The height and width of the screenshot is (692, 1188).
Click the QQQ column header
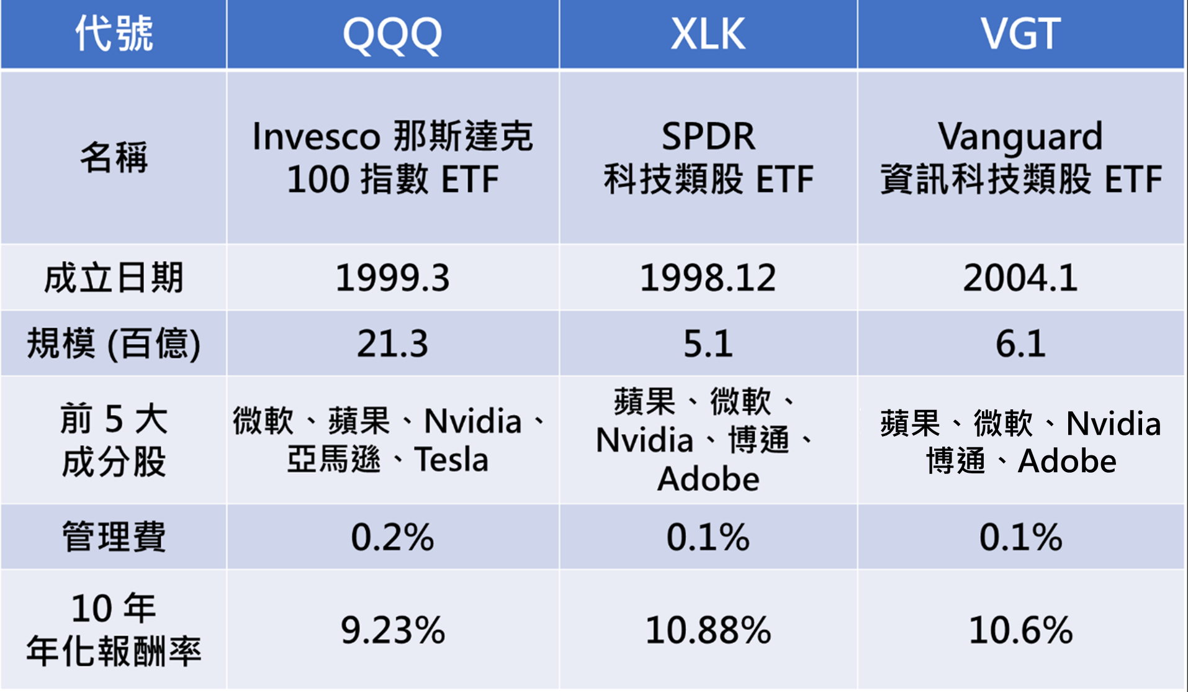pos(392,34)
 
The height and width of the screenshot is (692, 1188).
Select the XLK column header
pos(708,34)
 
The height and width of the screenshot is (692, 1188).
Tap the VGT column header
pos(1020,34)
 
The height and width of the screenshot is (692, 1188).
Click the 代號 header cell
pos(114,34)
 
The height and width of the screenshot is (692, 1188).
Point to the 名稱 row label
pos(114,157)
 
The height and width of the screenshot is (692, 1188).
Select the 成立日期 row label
pos(114,278)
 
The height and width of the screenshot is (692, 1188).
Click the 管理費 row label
pos(114,537)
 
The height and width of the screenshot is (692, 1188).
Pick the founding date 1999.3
pos(392,278)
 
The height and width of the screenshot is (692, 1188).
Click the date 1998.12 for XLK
pos(708,278)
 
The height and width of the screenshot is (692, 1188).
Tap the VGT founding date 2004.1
pos(1020,278)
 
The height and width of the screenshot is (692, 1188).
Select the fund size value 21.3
pos(392,344)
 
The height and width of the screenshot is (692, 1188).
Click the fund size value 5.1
pos(708,344)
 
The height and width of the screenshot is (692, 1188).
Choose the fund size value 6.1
pos(1020,344)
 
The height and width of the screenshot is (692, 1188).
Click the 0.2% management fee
pos(392,537)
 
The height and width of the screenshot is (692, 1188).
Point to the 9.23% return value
pos(392,630)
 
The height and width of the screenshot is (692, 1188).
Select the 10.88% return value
pos(708,630)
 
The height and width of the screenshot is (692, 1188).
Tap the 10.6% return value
pos(1020,630)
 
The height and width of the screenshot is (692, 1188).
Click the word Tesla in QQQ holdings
pos(451,460)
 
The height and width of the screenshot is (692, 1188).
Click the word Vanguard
pos(1020,137)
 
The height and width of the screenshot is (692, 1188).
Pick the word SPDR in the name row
pos(708,137)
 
